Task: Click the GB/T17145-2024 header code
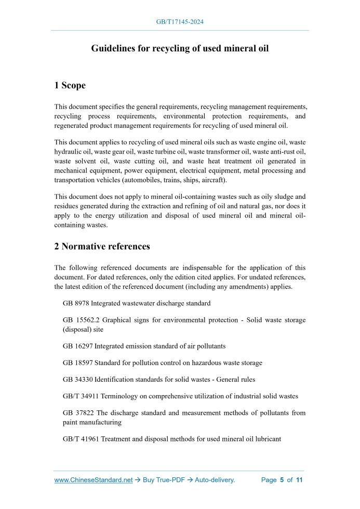click(x=180, y=22)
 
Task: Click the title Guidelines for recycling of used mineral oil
click(x=180, y=49)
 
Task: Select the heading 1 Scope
click(x=70, y=85)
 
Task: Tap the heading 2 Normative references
click(x=102, y=246)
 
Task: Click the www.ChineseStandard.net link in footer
click(x=94, y=480)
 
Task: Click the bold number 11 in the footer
click(x=299, y=480)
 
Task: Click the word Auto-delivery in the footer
click(x=215, y=480)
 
